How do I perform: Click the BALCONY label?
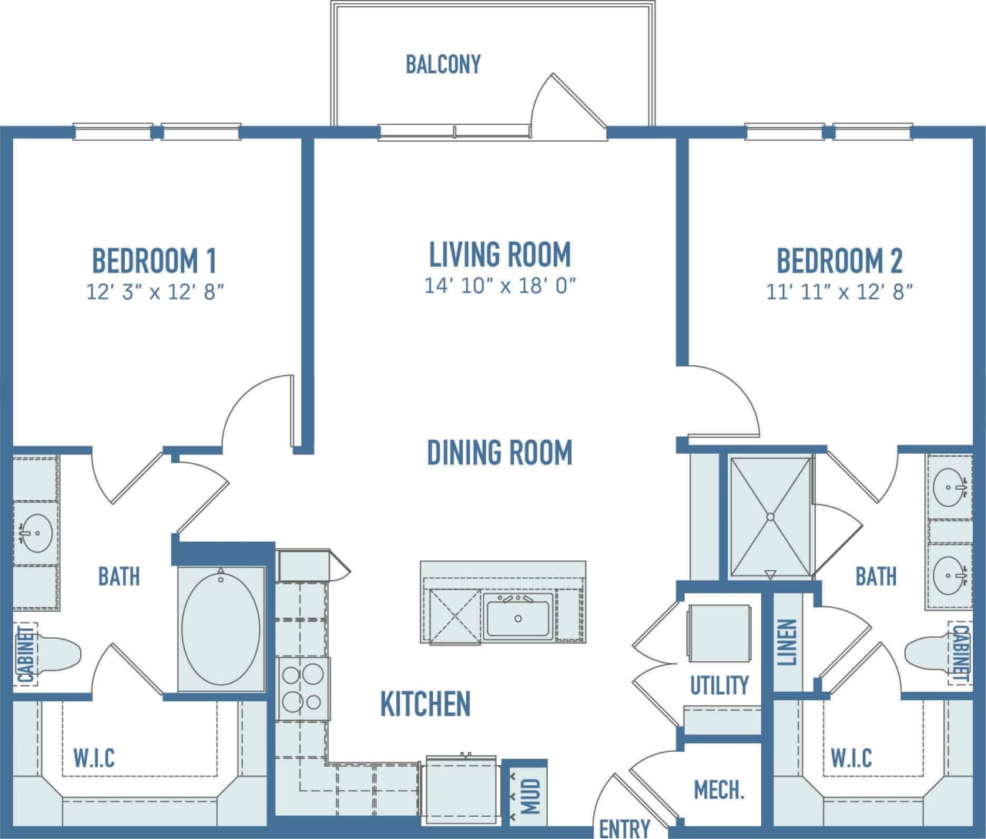(443, 64)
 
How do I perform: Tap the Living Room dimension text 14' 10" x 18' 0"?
(500, 286)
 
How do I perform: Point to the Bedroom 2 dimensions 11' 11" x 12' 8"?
(839, 292)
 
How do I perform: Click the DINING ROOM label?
(499, 452)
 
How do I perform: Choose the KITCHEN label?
(425, 703)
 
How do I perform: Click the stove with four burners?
(302, 688)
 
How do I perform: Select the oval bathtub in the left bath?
(222, 628)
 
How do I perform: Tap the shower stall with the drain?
(770, 516)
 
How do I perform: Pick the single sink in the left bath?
(34, 532)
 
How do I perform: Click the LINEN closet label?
(787, 643)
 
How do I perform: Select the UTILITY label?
(719, 685)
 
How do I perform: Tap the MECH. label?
(719, 790)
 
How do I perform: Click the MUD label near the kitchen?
(531, 796)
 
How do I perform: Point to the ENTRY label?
(624, 828)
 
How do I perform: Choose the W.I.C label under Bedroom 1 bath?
(94, 757)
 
